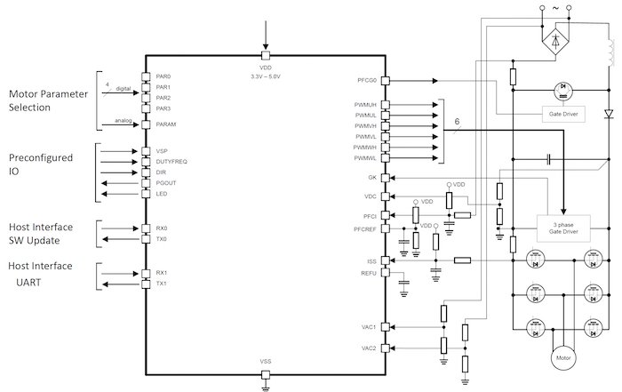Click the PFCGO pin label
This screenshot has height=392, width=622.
pyautogui.click(x=365, y=80)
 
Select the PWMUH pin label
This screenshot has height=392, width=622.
pyautogui.click(x=365, y=105)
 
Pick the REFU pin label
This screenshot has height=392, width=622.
pyautogui.click(x=369, y=273)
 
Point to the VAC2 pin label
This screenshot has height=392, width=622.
pyautogui.click(x=369, y=347)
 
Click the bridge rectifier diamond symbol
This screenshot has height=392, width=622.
pyautogui.click(x=556, y=40)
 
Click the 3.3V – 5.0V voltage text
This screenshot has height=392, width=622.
pyautogui.click(x=265, y=76)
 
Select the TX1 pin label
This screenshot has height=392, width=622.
pyautogui.click(x=162, y=284)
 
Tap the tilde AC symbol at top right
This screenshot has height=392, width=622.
pyautogui.click(x=556, y=7)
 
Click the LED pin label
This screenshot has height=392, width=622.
pyautogui.click(x=161, y=194)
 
